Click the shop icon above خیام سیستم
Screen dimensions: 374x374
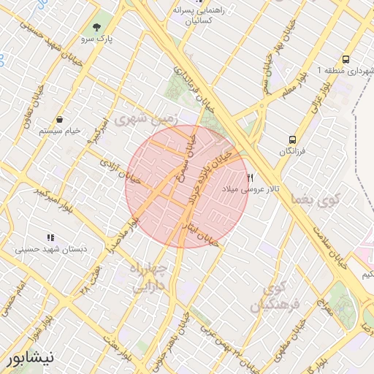tap(58, 118)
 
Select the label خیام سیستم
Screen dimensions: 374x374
tap(58, 130)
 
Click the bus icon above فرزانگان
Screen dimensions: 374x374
tap(292, 139)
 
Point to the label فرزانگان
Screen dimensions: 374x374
tap(292, 150)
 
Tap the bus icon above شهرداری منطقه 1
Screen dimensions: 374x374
tap(345, 59)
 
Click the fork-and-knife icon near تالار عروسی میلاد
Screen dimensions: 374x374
tap(251, 178)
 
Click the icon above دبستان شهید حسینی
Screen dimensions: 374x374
tap(50, 237)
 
